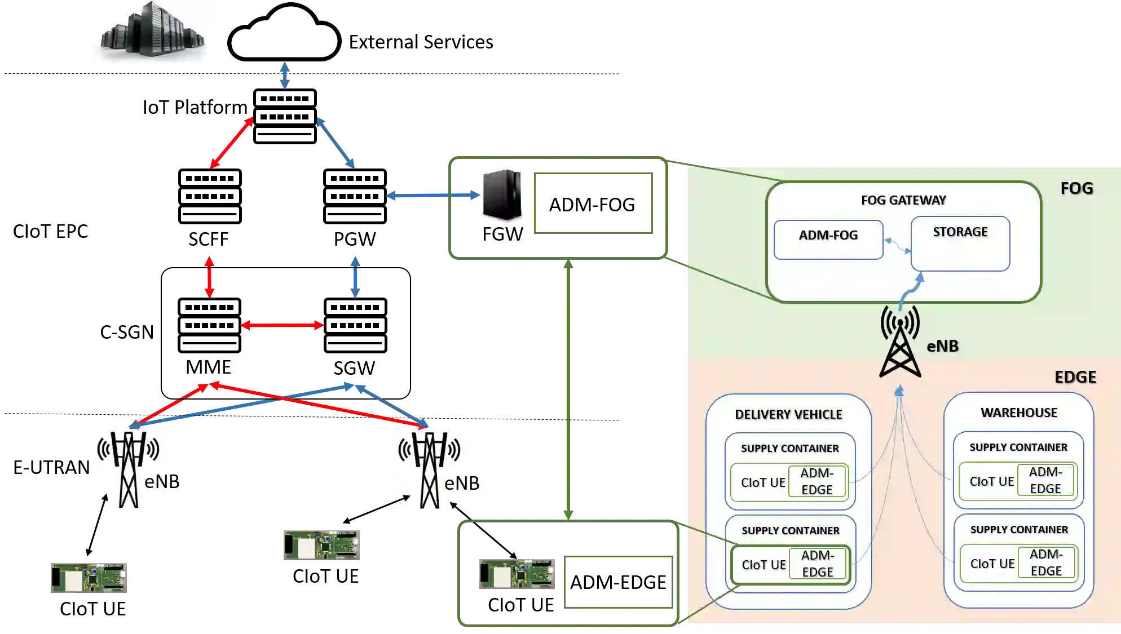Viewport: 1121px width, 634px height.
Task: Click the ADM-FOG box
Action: tap(828, 240)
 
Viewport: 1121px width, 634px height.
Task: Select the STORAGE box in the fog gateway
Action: tap(960, 243)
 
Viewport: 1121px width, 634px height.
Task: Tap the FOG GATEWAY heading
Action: tap(903, 200)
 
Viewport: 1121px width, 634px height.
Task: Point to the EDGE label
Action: tap(1075, 377)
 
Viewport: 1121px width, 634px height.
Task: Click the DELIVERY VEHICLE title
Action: tap(788, 414)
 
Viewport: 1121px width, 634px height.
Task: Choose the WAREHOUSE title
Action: tap(1018, 413)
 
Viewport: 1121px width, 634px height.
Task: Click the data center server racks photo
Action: tap(153, 33)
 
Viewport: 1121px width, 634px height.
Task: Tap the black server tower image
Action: tap(500, 196)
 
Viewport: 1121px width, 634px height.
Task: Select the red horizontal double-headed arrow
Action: tap(282, 326)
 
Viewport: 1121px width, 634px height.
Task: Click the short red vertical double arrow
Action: tap(210, 277)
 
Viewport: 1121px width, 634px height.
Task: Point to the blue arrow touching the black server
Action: tap(432, 196)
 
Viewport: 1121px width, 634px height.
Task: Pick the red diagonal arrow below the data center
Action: tap(231, 142)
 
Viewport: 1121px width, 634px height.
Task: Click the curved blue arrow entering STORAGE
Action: tap(909, 291)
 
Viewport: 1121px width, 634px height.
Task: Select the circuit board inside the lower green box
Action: tap(516, 574)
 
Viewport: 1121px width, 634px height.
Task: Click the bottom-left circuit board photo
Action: tap(90, 577)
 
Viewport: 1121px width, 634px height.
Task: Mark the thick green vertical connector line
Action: tap(568, 389)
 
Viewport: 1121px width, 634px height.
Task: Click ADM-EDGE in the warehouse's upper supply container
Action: tap(1045, 480)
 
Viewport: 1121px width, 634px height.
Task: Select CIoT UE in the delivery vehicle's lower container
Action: tap(763, 565)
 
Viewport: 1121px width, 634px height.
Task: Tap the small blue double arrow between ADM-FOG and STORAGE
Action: tap(897, 246)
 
